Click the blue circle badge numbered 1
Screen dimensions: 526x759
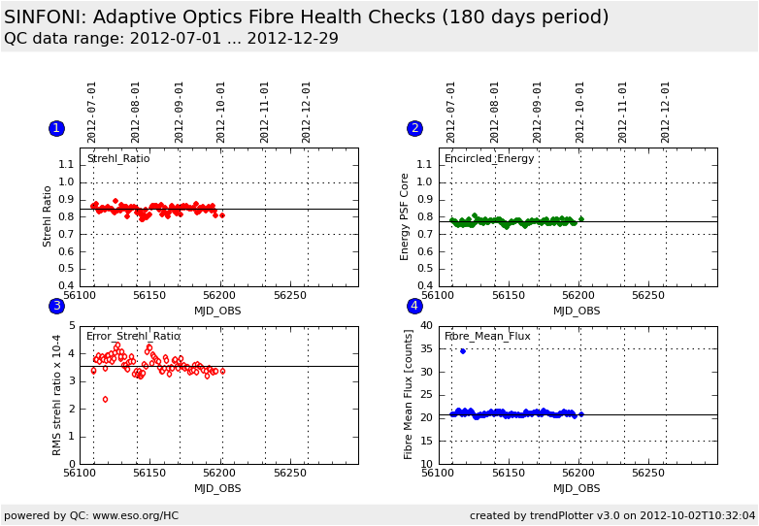point(56,128)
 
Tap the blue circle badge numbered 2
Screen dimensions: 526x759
point(414,128)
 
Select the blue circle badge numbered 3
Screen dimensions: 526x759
point(56,306)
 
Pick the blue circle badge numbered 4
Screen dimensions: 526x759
point(414,306)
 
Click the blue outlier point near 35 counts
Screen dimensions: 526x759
point(462,351)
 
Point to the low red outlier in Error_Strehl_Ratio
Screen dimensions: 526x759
point(105,399)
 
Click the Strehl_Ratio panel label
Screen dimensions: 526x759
point(118,158)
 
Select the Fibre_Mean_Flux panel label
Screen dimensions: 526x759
point(487,336)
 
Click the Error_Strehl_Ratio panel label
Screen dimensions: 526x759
point(133,336)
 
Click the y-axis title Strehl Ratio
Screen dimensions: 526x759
point(48,216)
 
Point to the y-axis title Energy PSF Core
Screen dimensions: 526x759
point(406,216)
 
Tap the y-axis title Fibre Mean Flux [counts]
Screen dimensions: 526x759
point(409,394)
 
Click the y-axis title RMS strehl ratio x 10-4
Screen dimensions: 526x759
point(58,394)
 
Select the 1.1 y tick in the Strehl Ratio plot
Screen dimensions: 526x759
point(66,165)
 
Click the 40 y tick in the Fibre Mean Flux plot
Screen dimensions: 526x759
point(425,326)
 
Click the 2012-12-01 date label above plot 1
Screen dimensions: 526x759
point(307,112)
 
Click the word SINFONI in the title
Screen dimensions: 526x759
point(42,17)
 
